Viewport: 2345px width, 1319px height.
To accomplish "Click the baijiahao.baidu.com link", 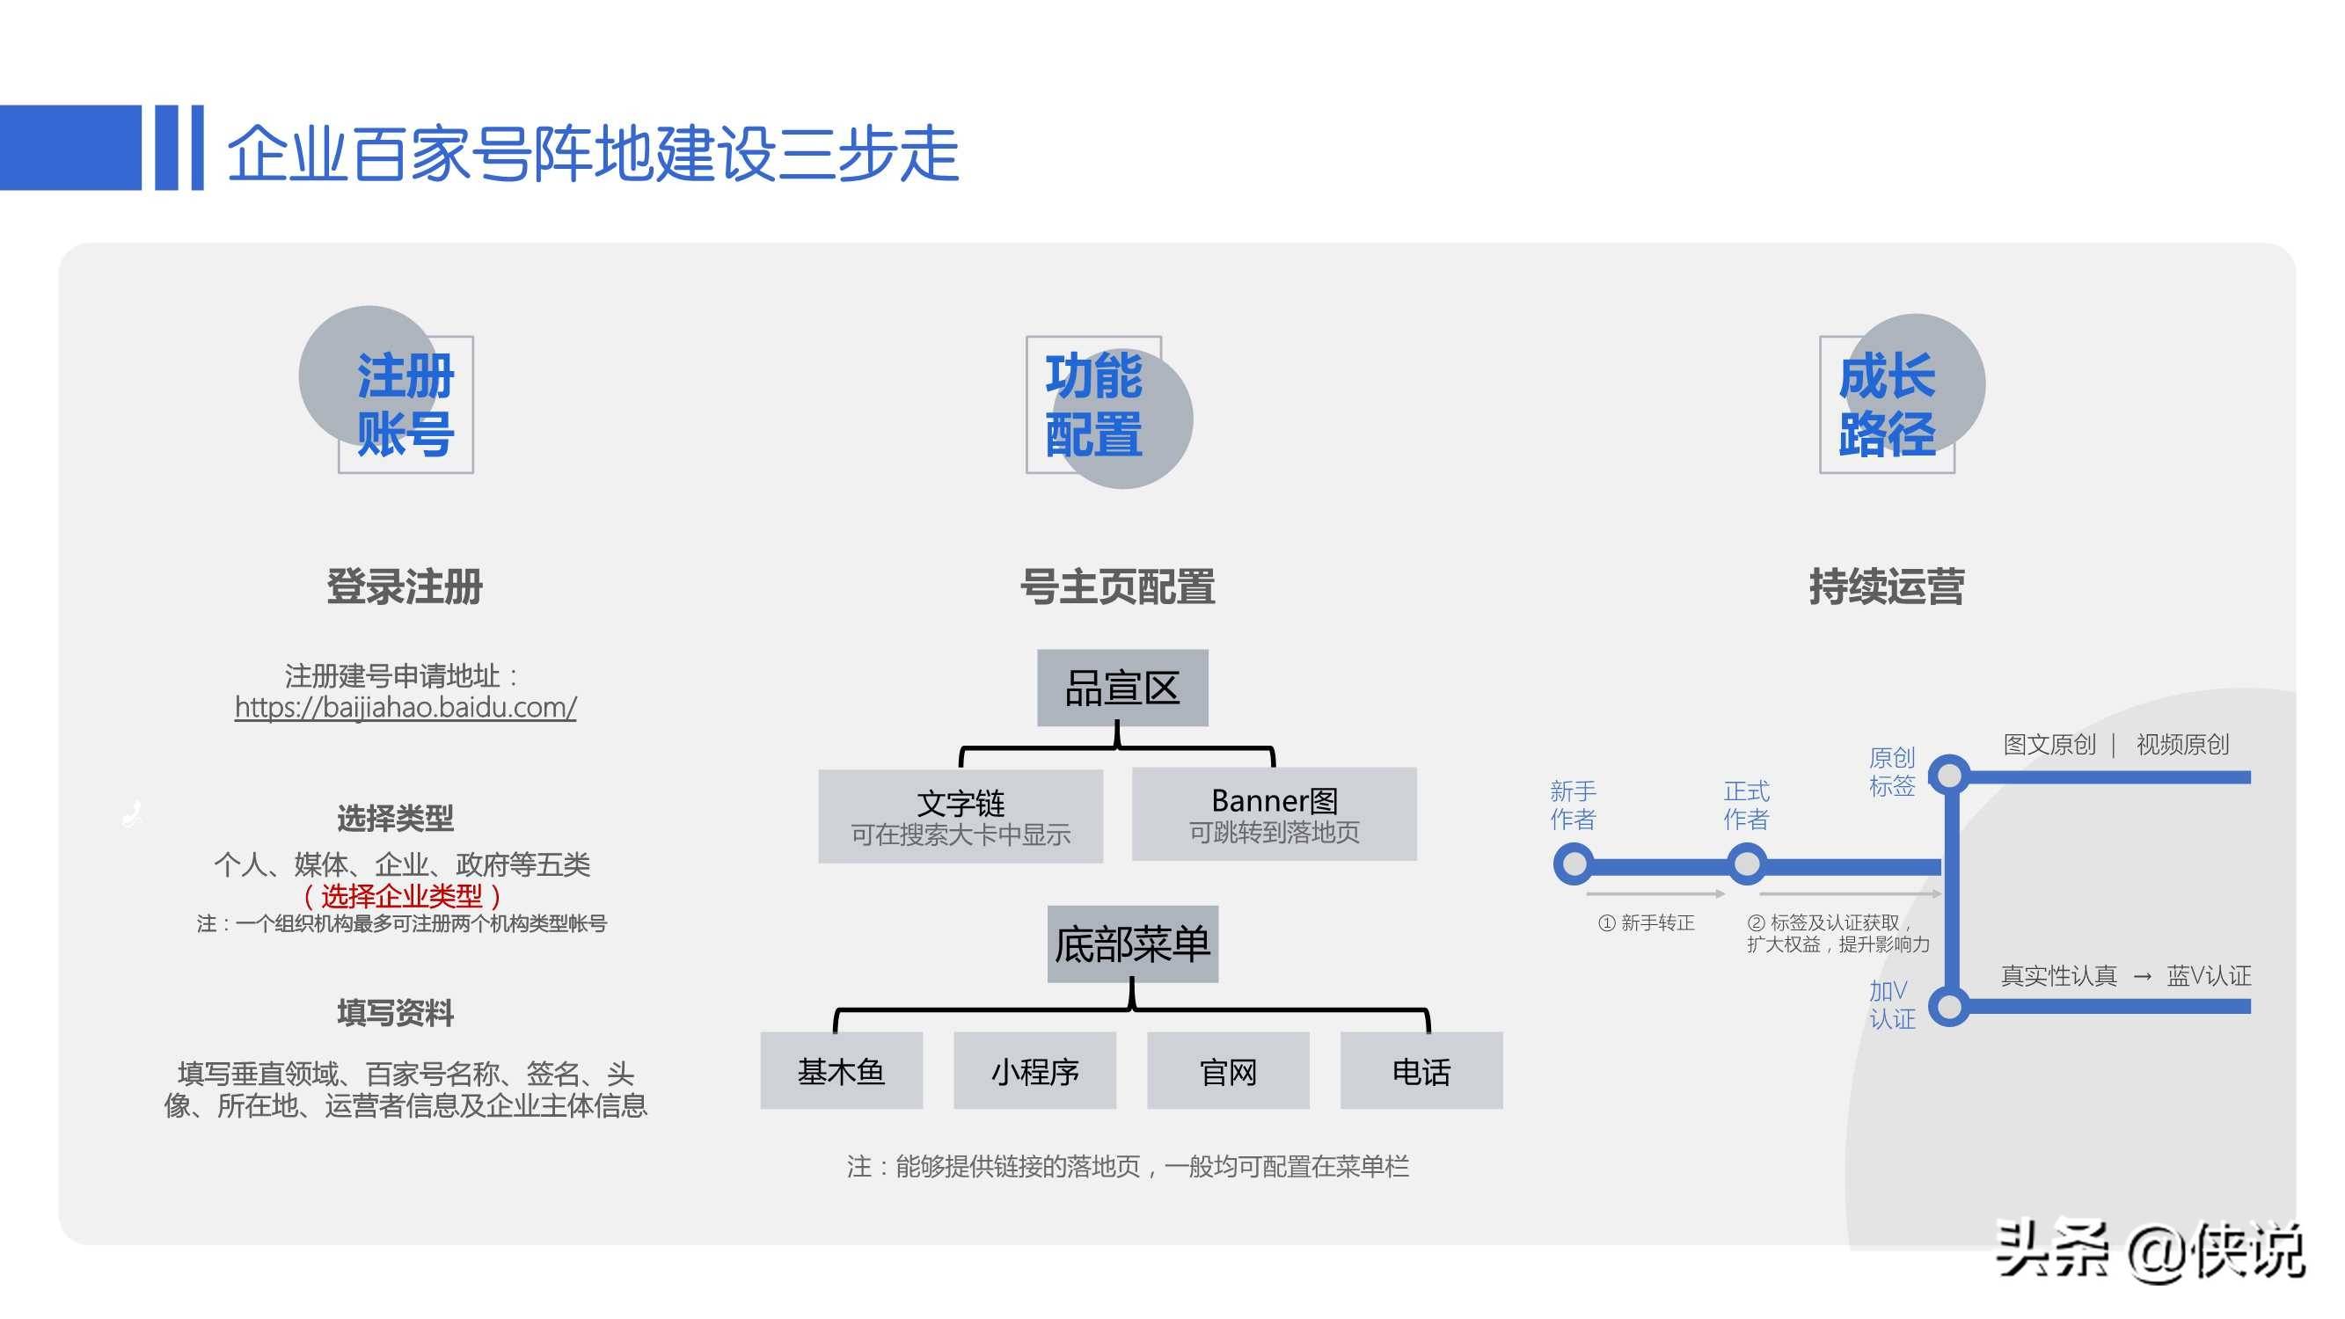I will pyautogui.click(x=405, y=707).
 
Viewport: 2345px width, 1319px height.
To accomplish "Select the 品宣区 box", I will pyautogui.click(x=1122, y=689).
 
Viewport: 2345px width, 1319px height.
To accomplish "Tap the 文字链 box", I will pyautogui.click(x=961, y=817).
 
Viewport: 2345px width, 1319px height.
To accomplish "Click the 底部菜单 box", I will pyautogui.click(x=1132, y=944).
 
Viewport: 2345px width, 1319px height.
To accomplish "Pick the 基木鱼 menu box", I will pyautogui.click(x=841, y=1071).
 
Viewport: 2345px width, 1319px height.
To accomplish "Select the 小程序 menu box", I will pyautogui.click(x=1035, y=1071).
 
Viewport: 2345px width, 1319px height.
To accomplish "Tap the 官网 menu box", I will pyautogui.click(x=1228, y=1071).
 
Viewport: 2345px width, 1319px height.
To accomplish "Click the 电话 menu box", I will pyautogui.click(x=1421, y=1071).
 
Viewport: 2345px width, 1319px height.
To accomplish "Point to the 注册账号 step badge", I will pyautogui.click(x=405, y=404).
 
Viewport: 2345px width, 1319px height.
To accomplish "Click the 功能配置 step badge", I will pyautogui.click(x=1093, y=404).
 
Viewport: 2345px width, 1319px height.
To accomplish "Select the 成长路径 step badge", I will pyautogui.click(x=1887, y=404).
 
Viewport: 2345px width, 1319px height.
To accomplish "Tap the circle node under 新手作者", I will pyautogui.click(x=1573, y=864).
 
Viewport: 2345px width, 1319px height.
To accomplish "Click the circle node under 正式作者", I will pyautogui.click(x=1747, y=864).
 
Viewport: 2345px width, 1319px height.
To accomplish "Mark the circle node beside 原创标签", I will pyautogui.click(x=1950, y=776).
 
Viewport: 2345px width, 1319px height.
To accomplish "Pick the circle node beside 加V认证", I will pyautogui.click(x=1950, y=1007).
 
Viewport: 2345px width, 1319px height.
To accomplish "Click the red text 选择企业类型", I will pyautogui.click(x=401, y=897).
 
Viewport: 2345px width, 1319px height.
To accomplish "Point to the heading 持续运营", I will pyautogui.click(x=1886, y=587).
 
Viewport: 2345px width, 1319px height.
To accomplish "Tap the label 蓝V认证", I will pyautogui.click(x=2209, y=976).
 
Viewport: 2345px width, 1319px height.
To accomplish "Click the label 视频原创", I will pyautogui.click(x=2182, y=745).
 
